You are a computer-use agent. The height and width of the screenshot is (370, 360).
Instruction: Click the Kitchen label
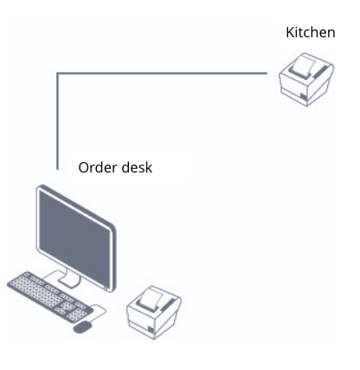[311, 32]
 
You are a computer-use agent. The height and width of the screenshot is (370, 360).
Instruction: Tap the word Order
[97, 167]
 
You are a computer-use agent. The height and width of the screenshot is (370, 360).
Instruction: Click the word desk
[137, 167]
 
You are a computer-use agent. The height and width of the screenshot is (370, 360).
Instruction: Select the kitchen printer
[306, 80]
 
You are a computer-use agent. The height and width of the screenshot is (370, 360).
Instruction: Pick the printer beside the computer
[154, 313]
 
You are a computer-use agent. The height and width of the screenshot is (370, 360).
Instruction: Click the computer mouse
[82, 327]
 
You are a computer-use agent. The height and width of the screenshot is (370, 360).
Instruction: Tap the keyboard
[49, 296]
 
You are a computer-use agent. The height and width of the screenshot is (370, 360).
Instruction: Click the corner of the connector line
[58, 74]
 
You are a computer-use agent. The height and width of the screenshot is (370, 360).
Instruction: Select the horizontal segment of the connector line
[162, 74]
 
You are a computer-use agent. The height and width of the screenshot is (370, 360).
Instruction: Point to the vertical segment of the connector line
[58, 121]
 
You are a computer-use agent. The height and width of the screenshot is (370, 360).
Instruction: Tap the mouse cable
[100, 311]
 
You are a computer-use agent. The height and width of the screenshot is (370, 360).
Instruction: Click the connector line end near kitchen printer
[267, 74]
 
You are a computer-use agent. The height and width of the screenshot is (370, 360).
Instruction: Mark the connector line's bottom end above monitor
[58, 169]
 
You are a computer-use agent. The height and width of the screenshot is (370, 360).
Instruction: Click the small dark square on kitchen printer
[303, 97]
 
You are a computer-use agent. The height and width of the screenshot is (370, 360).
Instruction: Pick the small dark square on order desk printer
[151, 330]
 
